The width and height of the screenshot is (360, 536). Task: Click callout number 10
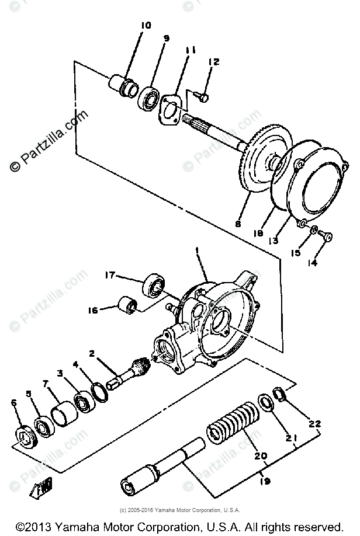point(146,25)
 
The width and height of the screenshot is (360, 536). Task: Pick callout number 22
point(316,424)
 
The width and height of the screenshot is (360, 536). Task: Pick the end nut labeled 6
point(25,437)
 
